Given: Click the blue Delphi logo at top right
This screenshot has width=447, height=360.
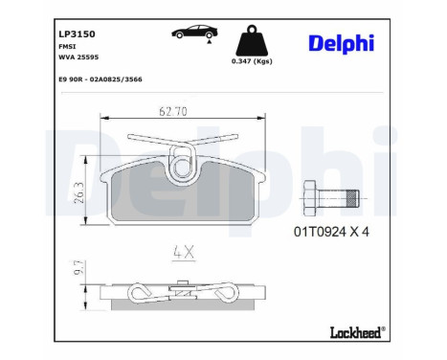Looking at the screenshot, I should pos(341,43).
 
